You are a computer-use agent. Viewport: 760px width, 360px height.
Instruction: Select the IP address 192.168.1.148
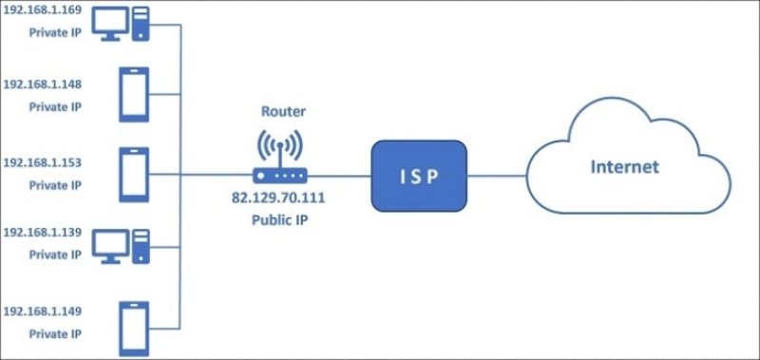[x=43, y=85]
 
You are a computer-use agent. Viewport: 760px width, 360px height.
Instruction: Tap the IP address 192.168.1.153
[x=43, y=162]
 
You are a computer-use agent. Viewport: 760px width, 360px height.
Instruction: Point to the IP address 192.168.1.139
[x=43, y=233]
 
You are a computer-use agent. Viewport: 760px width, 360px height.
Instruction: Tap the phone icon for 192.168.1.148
[x=132, y=94]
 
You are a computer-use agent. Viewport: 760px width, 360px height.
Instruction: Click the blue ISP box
[x=418, y=176]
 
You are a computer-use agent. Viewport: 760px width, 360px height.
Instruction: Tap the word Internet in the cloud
[x=624, y=168]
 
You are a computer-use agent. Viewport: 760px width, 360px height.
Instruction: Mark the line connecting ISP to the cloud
[x=496, y=176]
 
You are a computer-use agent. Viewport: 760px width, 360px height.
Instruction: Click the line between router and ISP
[x=340, y=176]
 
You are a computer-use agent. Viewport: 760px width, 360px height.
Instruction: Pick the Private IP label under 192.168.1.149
[x=55, y=333]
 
